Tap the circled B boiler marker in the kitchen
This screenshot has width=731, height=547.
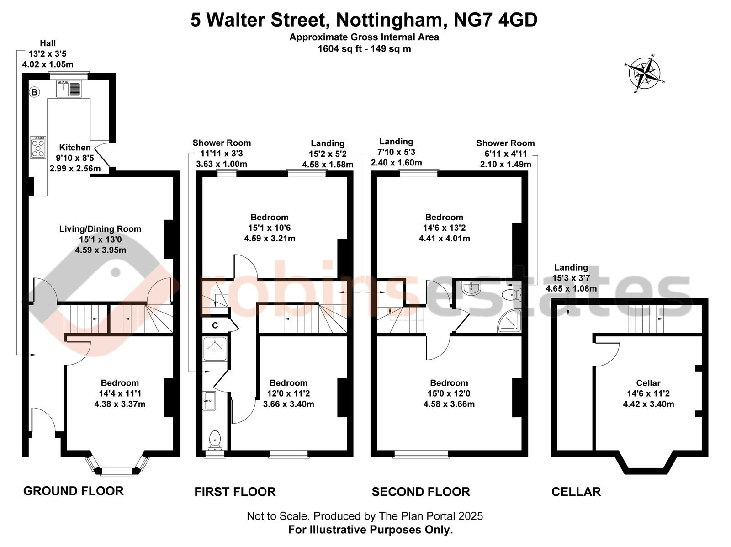point(34,92)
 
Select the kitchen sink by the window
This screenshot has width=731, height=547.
point(69,88)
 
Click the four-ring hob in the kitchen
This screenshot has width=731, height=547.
point(38,147)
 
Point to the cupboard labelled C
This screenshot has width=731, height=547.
point(215,325)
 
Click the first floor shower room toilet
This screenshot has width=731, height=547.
point(215,440)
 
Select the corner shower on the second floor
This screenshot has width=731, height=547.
point(509,321)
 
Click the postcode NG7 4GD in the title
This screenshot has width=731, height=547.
point(496,20)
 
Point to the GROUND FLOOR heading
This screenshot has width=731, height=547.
point(73,491)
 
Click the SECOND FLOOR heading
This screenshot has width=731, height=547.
point(421,491)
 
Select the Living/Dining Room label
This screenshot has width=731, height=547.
point(100,229)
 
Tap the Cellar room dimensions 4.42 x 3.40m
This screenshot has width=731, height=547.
point(648,404)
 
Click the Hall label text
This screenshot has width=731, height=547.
point(48,43)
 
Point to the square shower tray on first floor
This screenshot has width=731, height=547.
point(215,349)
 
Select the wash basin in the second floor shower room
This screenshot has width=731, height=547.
point(471,288)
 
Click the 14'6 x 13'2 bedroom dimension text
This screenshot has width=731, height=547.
point(444,228)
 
